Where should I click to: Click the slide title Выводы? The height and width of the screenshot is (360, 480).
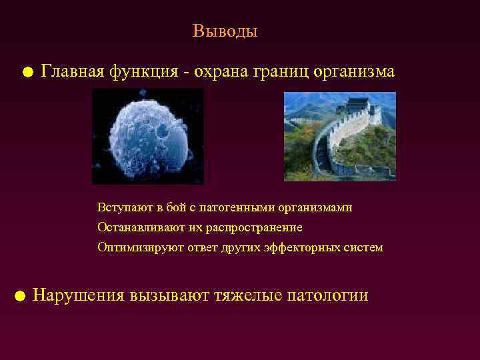point(225,31)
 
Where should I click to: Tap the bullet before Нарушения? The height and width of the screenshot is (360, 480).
point(20,296)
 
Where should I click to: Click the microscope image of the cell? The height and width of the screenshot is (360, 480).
point(148,136)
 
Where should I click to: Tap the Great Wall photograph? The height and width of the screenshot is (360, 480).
point(339,136)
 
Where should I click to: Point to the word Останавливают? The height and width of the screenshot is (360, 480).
point(137,228)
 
